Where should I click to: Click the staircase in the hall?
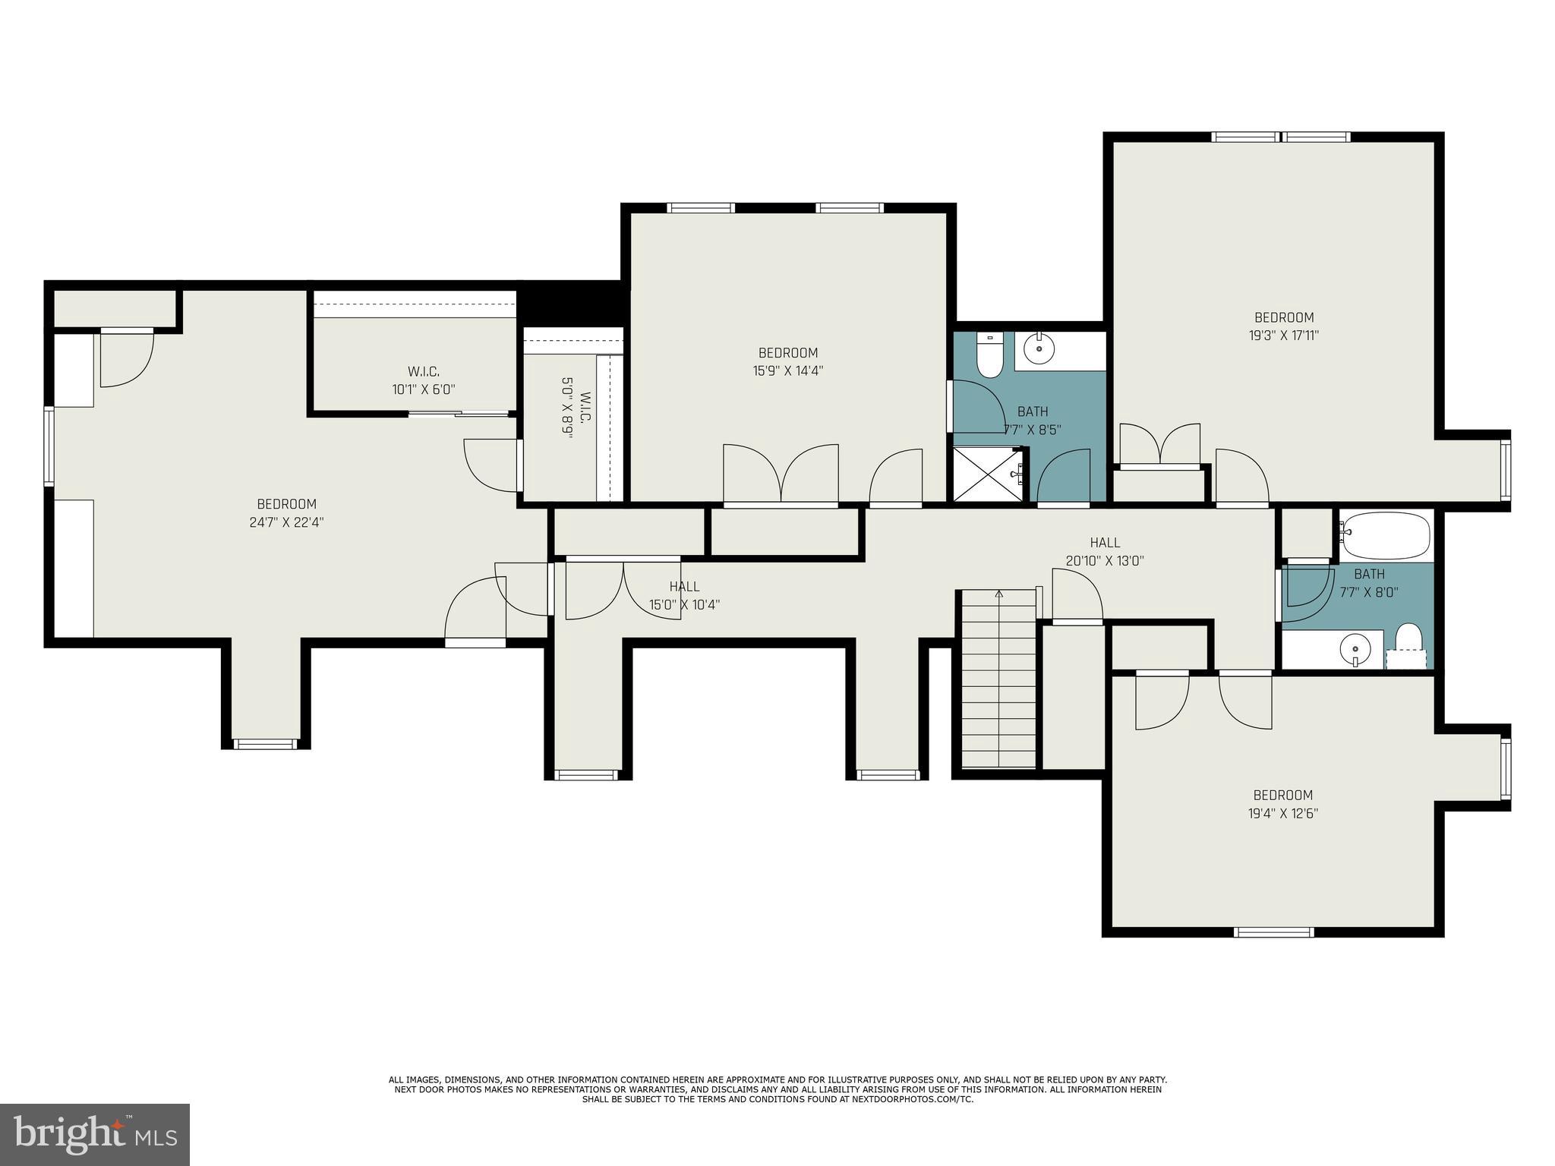[998, 679]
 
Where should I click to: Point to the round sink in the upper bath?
[1039, 350]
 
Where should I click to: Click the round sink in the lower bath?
[1355, 650]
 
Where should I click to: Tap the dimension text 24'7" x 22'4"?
[286, 522]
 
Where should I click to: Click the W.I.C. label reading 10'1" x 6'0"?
[423, 389]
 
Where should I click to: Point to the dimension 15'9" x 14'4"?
[788, 371]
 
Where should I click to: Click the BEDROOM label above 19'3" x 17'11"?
[1284, 317]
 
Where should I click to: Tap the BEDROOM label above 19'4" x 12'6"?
[1282, 795]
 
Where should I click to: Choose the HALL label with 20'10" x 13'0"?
[1105, 543]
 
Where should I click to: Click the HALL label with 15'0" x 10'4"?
[684, 587]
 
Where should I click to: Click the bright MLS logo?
[95, 1134]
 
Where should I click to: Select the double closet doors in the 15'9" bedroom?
[781, 474]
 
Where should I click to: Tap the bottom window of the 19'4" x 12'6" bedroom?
[1273, 932]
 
